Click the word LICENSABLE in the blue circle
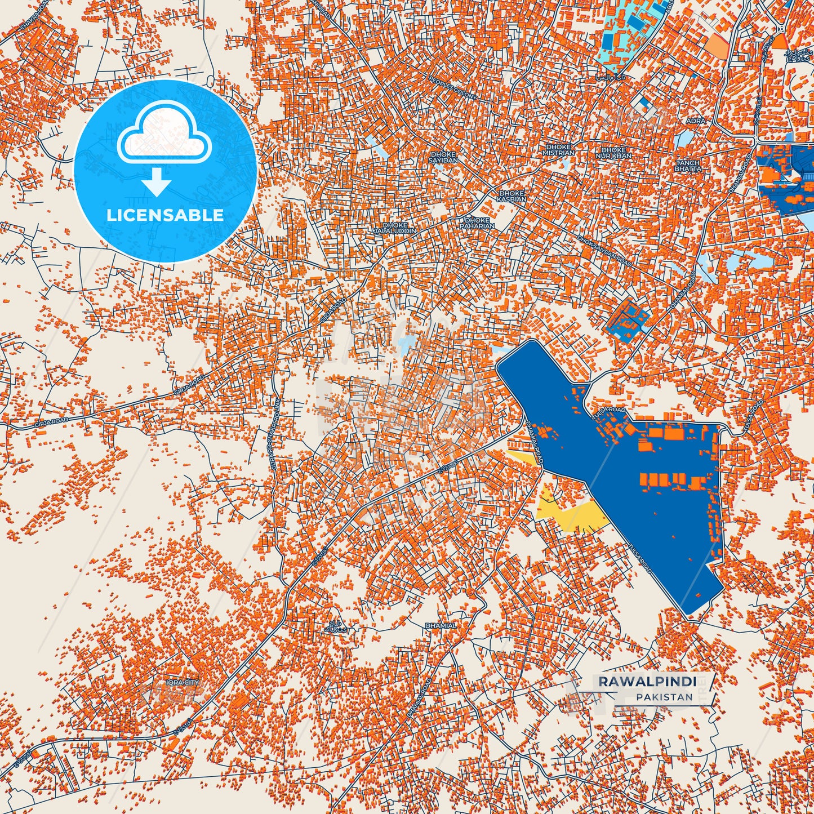coord(165,215)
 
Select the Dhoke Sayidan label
coord(442,157)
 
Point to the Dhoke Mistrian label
coord(558,150)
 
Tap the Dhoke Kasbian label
coord(511,196)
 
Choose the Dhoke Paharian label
coord(477,223)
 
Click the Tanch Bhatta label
coord(687,166)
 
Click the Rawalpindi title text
coord(647,682)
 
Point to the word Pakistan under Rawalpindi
coord(665,697)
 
